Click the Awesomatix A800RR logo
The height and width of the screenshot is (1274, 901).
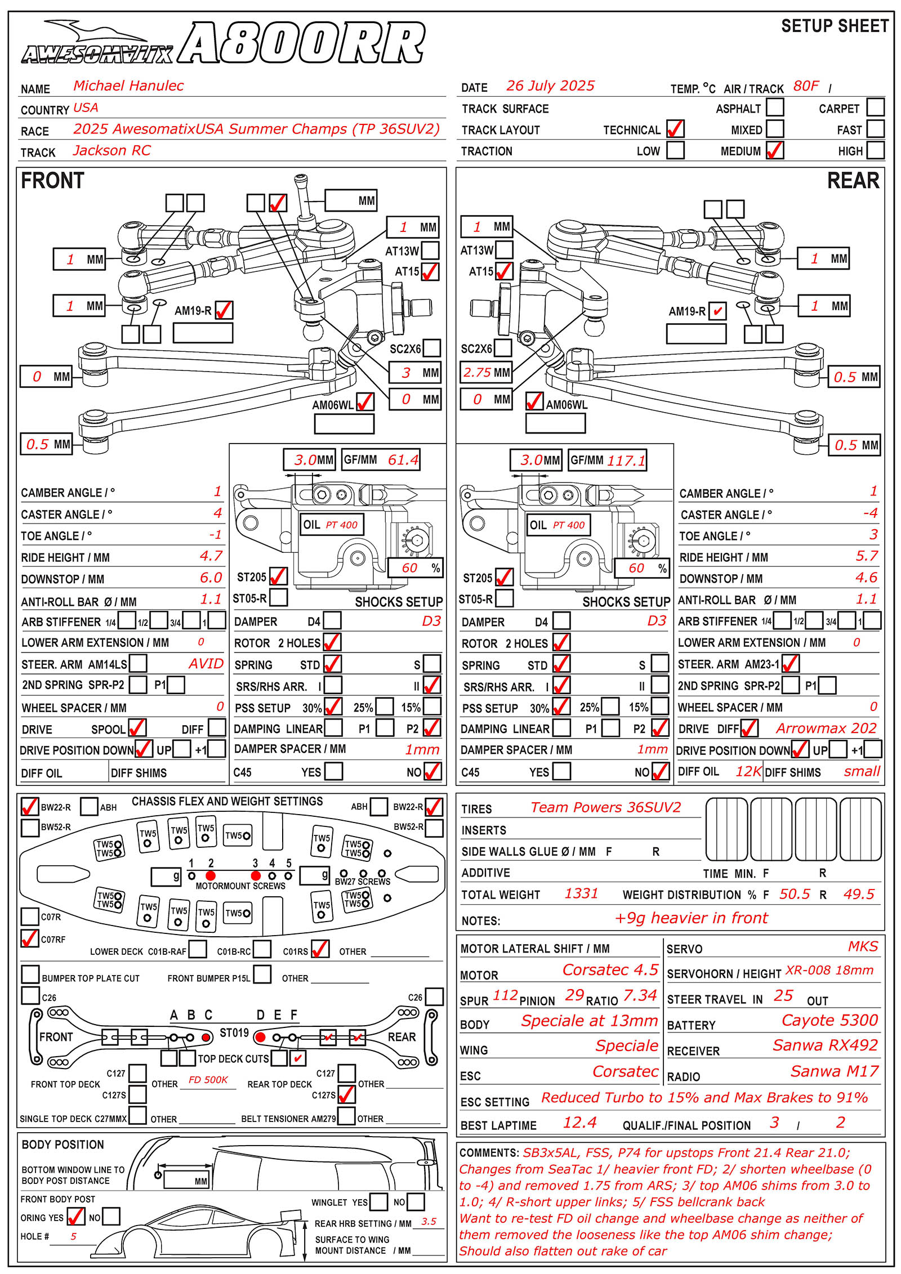point(223,43)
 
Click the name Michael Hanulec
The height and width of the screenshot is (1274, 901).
point(128,86)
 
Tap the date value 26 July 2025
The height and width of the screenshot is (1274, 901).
point(550,86)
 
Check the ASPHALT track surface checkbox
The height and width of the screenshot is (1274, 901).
point(775,107)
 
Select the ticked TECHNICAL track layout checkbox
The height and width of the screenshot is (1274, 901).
point(675,129)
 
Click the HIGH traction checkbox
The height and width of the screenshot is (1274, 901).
point(876,150)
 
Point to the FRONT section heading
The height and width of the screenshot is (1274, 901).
point(52,181)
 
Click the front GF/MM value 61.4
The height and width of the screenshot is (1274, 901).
point(403,460)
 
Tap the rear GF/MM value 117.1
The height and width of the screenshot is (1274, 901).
point(626,461)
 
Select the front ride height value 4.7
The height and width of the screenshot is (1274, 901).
point(211,556)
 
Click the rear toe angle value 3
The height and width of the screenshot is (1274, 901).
point(873,534)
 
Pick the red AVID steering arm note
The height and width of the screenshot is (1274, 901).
point(206,664)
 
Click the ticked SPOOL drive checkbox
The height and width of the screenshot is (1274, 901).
point(137,728)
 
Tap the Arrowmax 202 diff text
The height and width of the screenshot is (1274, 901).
point(826,728)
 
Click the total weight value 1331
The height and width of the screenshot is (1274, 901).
point(581,893)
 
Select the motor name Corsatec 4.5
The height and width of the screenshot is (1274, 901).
point(610,969)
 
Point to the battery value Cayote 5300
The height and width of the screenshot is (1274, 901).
point(830,1020)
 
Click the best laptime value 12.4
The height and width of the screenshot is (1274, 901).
point(579,1123)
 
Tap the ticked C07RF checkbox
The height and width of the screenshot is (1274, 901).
point(30,938)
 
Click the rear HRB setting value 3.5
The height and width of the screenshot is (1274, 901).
point(429,1222)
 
